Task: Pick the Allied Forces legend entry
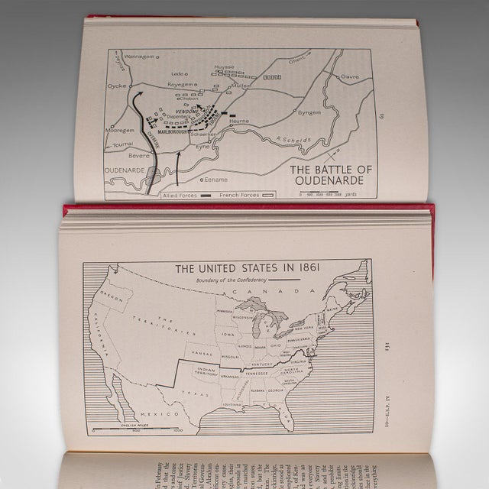click(180, 195)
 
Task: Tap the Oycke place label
click(117, 86)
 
